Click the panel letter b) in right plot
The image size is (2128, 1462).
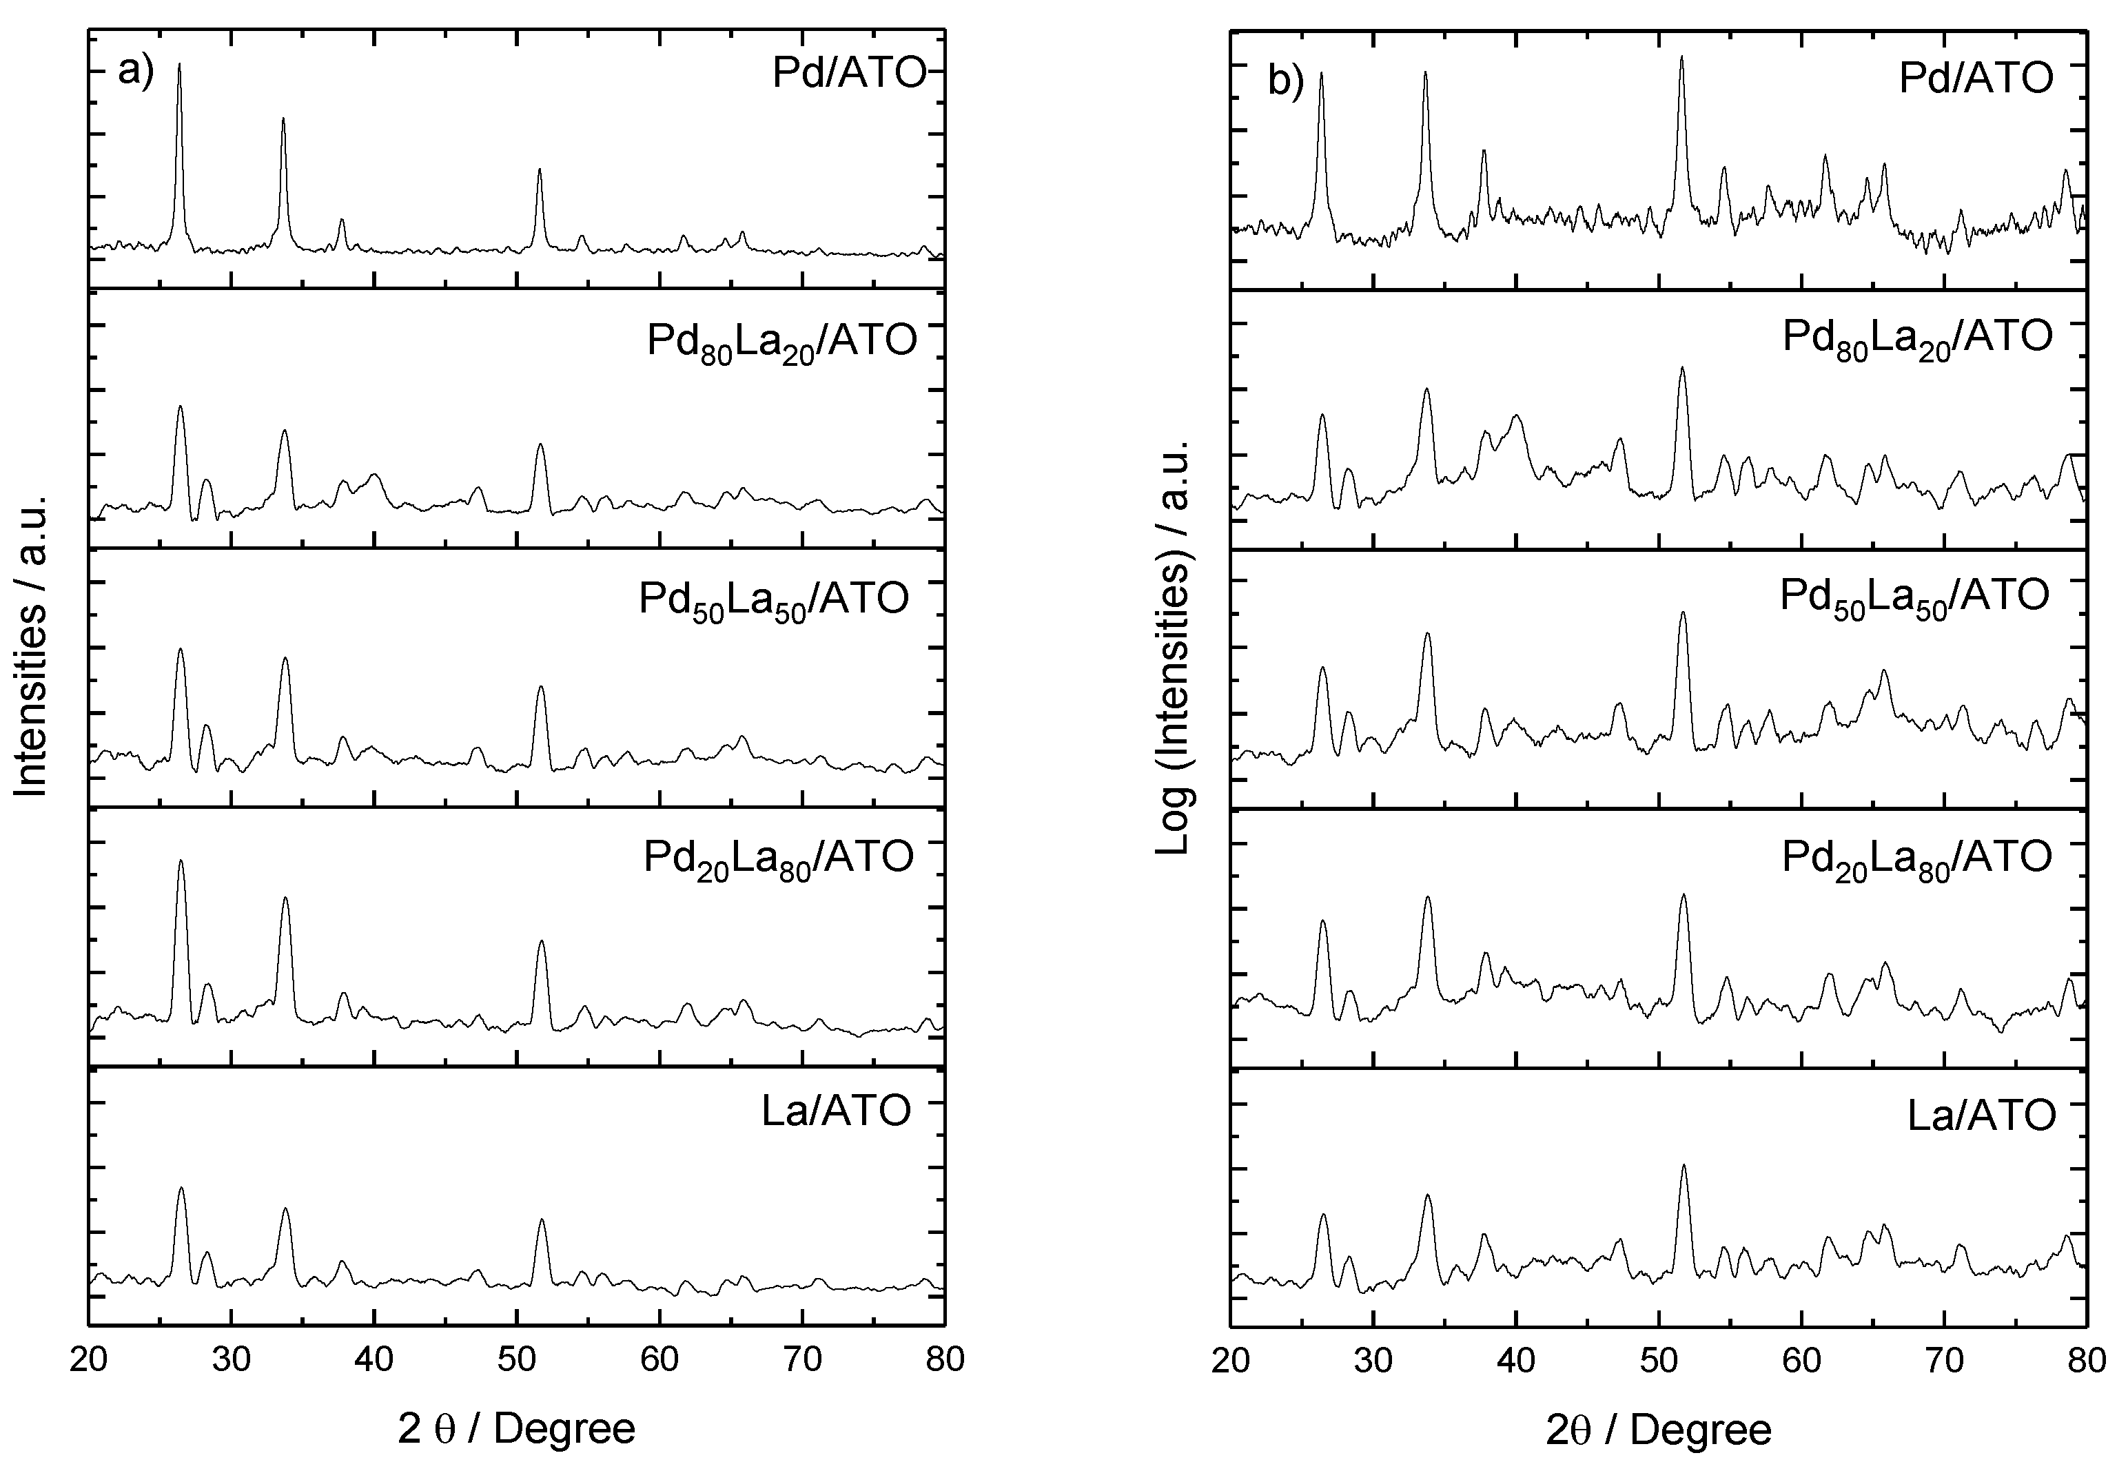1285,83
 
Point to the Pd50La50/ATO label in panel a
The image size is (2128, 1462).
774,600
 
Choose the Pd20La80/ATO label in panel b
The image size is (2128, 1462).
1916,859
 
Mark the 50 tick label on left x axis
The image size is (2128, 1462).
517,1359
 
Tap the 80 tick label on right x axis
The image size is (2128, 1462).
2086,1360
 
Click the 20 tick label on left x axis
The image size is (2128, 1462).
89,1359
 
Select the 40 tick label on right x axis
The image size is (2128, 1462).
1515,1360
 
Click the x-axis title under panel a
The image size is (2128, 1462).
515,1429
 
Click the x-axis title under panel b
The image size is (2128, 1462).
1658,1430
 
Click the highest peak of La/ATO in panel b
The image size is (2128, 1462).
1684,1166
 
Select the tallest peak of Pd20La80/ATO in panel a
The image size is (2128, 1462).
181,862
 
